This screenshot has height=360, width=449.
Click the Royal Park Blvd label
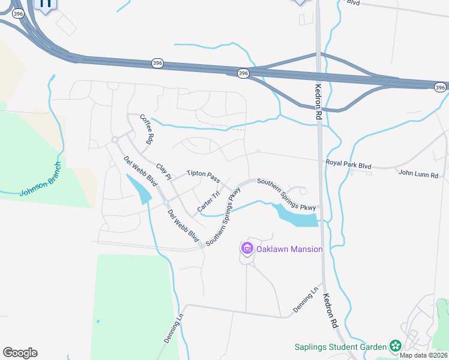click(x=349, y=163)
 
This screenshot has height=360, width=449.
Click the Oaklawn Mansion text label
click(x=289, y=249)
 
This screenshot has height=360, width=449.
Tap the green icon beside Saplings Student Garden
click(x=395, y=346)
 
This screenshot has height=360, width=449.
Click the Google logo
click(x=20, y=353)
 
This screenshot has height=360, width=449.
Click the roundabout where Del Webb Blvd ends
click(x=114, y=140)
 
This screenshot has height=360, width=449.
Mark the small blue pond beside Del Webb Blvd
click(x=139, y=190)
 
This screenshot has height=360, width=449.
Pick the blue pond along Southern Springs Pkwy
click(x=294, y=215)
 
